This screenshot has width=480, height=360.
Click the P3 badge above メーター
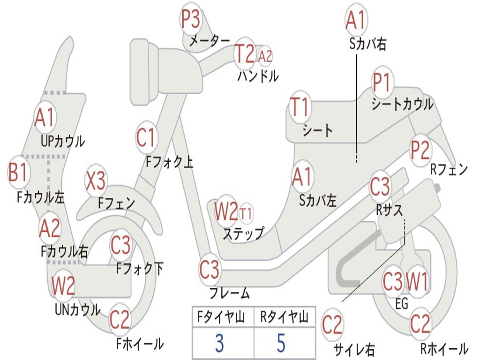coord(191,19)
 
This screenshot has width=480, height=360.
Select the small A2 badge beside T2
coord(265,56)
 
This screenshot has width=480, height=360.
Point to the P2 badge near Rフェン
coord(420,150)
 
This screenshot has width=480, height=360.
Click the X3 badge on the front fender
coord(96,180)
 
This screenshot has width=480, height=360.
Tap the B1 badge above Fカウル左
coord(18,172)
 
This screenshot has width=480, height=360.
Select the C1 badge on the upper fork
coord(145,137)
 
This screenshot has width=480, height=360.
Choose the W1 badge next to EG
coord(417,282)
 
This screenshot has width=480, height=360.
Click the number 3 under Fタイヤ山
coord(219,344)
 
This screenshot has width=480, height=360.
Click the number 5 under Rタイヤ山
coord(281,344)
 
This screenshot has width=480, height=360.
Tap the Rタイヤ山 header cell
coord(284,318)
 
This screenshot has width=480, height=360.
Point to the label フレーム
coord(229,294)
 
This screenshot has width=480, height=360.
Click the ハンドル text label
coord(258,76)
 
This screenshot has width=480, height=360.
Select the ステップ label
coord(243,233)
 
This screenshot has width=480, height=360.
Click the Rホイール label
coord(444,349)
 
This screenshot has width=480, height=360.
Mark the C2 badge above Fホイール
coord(120,320)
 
